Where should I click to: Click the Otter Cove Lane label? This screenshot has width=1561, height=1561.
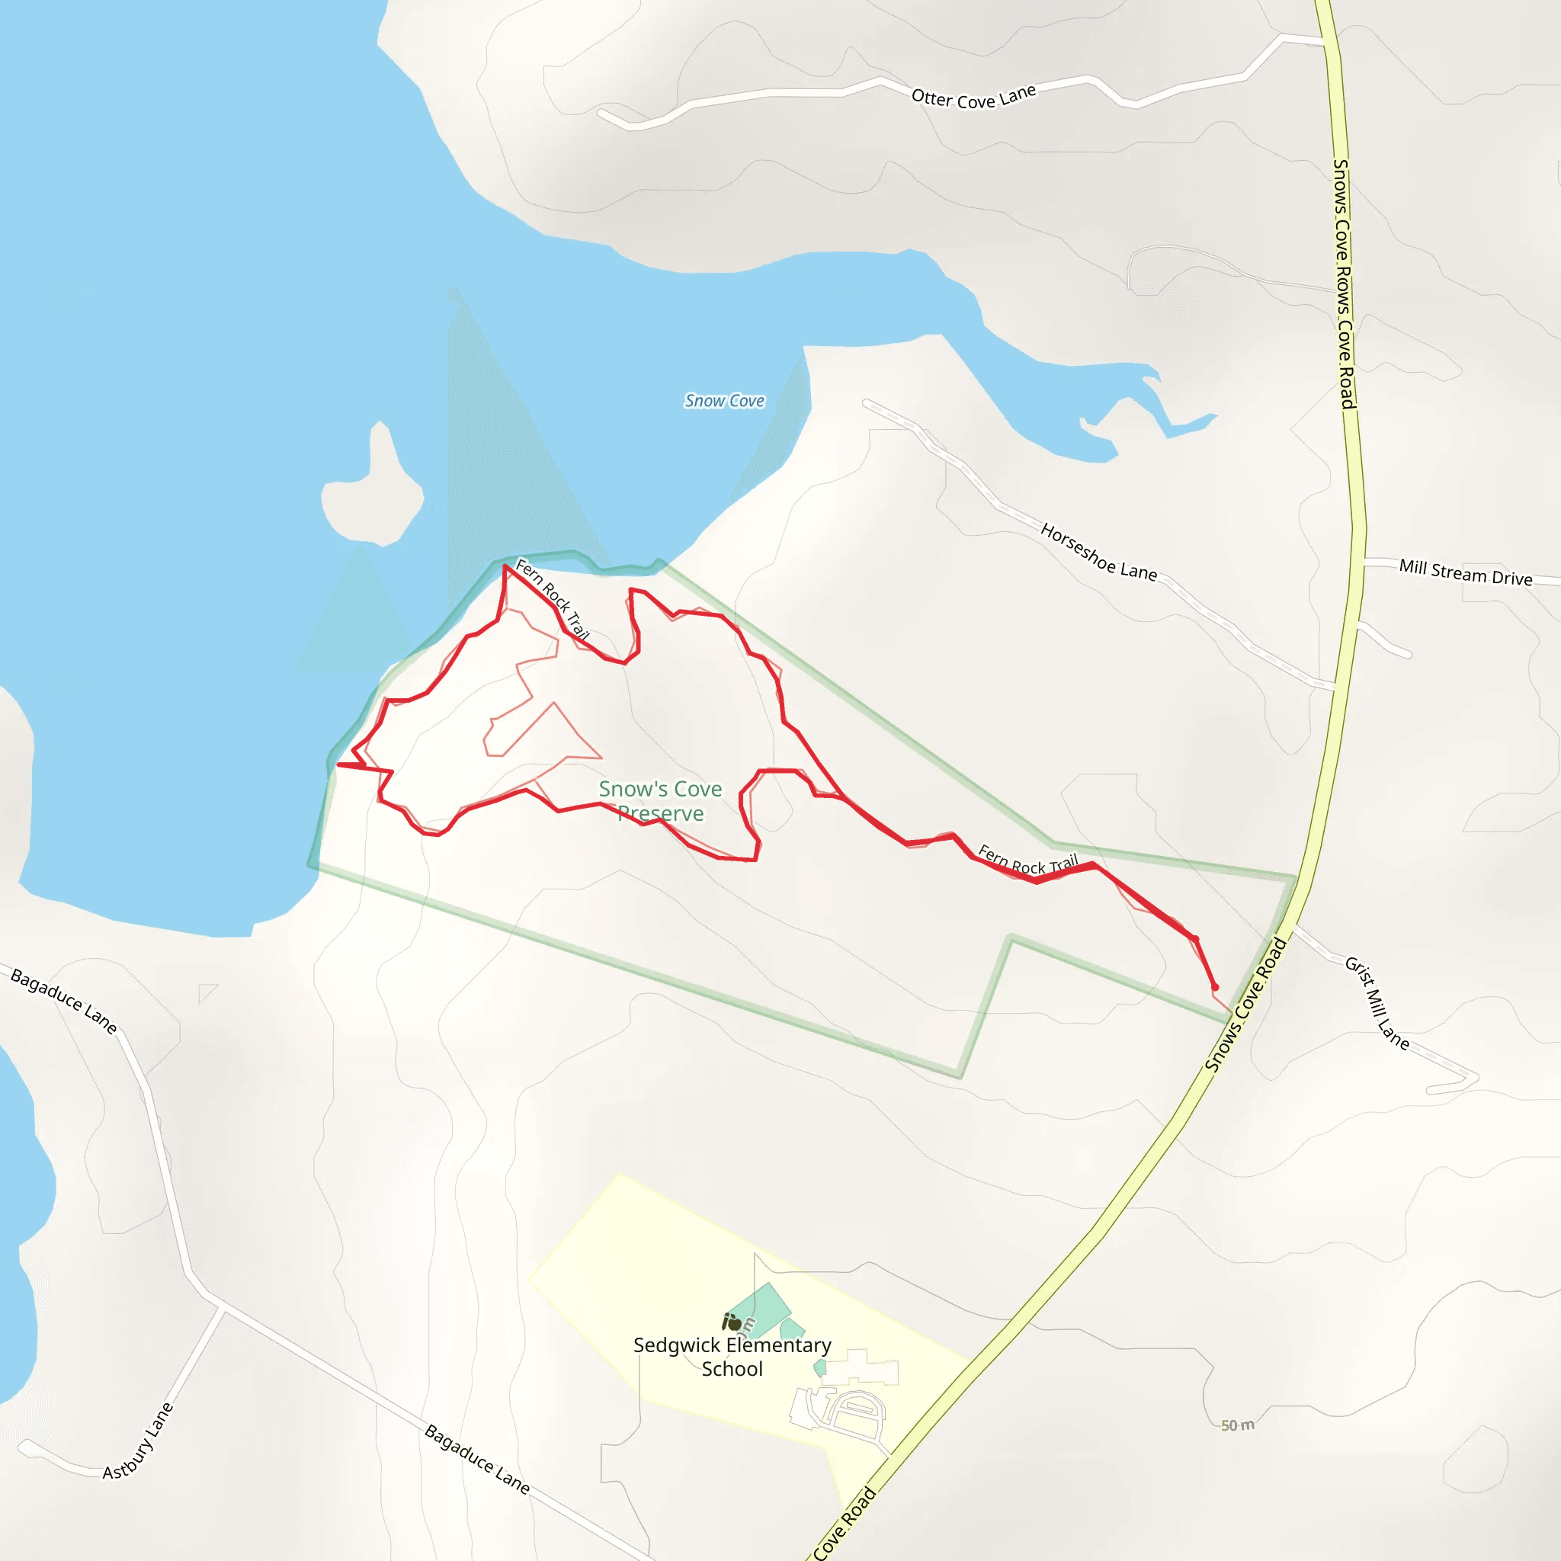coord(973,97)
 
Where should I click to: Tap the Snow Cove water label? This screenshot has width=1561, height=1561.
coord(724,401)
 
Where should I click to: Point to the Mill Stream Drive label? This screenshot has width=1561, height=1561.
coord(1465,572)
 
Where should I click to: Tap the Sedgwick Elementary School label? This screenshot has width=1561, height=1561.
coord(732,1357)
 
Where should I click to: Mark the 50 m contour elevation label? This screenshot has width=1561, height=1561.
coord(1237,1425)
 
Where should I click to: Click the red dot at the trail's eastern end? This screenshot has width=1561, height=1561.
coord(1214,987)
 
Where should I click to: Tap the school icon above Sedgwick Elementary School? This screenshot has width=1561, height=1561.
coord(732,1322)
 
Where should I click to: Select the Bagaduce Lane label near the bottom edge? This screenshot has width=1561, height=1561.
coord(476,1459)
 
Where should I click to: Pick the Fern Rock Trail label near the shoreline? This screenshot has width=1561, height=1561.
coord(553,598)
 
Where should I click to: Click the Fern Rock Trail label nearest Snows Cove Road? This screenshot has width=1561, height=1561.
coord(1027,860)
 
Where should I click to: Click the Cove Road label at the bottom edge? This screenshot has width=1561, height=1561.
coord(844,1524)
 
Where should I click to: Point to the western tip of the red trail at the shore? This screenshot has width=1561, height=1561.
coord(338,764)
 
